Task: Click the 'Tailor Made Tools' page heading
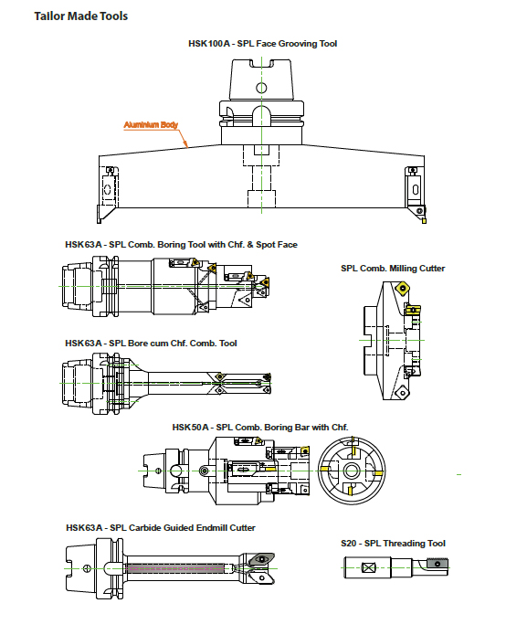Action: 81,16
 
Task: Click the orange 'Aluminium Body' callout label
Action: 151,125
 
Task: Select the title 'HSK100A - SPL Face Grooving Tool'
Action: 262,44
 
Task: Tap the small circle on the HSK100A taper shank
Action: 261,88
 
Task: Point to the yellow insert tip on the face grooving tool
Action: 424,221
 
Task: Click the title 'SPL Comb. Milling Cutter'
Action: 393,269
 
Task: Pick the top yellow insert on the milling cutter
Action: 403,288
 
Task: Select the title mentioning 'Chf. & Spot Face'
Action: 181,245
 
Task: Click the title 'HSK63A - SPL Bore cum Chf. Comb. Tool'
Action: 151,344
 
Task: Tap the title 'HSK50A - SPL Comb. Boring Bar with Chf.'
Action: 260,428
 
